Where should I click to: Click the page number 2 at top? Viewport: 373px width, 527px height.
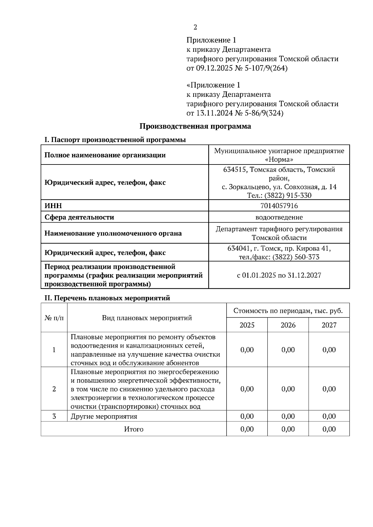click(x=195, y=27)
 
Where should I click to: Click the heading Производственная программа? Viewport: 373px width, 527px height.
click(x=195, y=126)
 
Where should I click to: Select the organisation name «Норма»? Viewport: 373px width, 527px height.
click(x=279, y=160)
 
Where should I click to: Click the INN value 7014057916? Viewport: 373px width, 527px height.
click(x=279, y=206)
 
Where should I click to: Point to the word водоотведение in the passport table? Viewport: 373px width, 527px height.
click(x=279, y=217)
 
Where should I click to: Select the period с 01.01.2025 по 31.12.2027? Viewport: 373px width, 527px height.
click(x=279, y=275)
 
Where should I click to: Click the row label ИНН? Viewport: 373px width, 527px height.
click(x=53, y=206)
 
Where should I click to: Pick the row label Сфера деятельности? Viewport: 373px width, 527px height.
click(x=79, y=217)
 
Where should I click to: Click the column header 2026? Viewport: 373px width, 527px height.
click(x=288, y=325)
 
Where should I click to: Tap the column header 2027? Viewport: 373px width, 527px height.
click(x=329, y=325)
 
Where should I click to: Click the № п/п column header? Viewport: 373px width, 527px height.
click(x=54, y=318)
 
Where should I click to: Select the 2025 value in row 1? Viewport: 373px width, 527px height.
click(x=247, y=350)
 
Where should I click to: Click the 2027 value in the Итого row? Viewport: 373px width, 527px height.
click(x=329, y=429)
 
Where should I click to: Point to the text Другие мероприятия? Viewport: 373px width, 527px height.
click(x=104, y=417)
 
